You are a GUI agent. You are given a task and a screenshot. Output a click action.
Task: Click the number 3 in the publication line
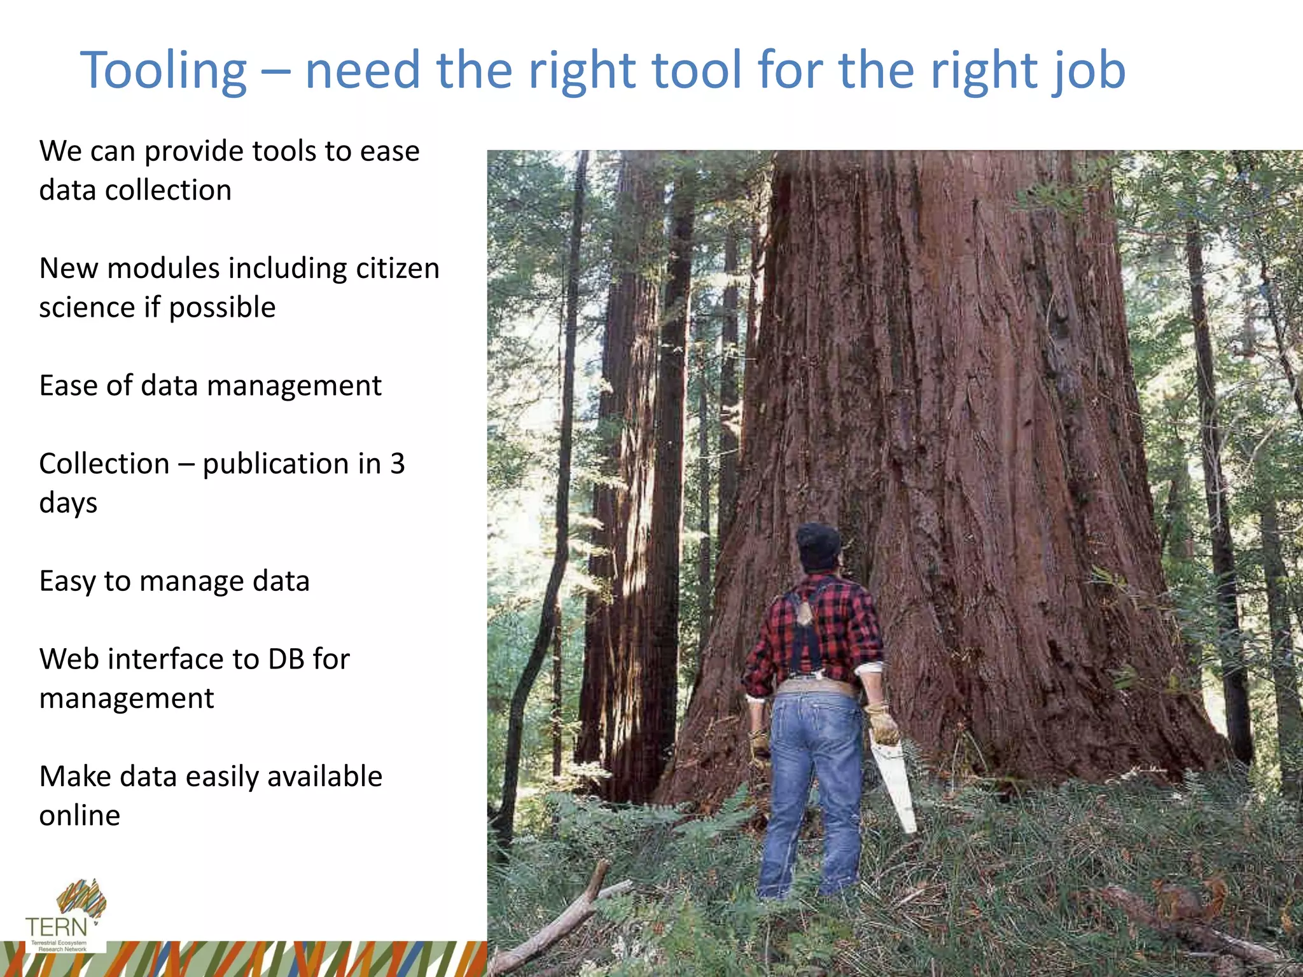pyautogui.click(x=398, y=464)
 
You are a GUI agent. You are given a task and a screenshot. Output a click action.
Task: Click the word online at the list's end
pyautogui.click(x=80, y=815)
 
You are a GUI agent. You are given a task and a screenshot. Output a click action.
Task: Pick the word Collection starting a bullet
pyautogui.click(x=104, y=464)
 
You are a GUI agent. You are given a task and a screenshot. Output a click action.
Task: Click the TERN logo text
pyautogui.click(x=56, y=927)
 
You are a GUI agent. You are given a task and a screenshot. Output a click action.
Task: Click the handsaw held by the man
pyautogui.click(x=894, y=789)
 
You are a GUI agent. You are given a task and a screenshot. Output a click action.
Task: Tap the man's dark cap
pyautogui.click(x=818, y=544)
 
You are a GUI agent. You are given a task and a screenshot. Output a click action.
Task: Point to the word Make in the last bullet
pyautogui.click(x=74, y=777)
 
